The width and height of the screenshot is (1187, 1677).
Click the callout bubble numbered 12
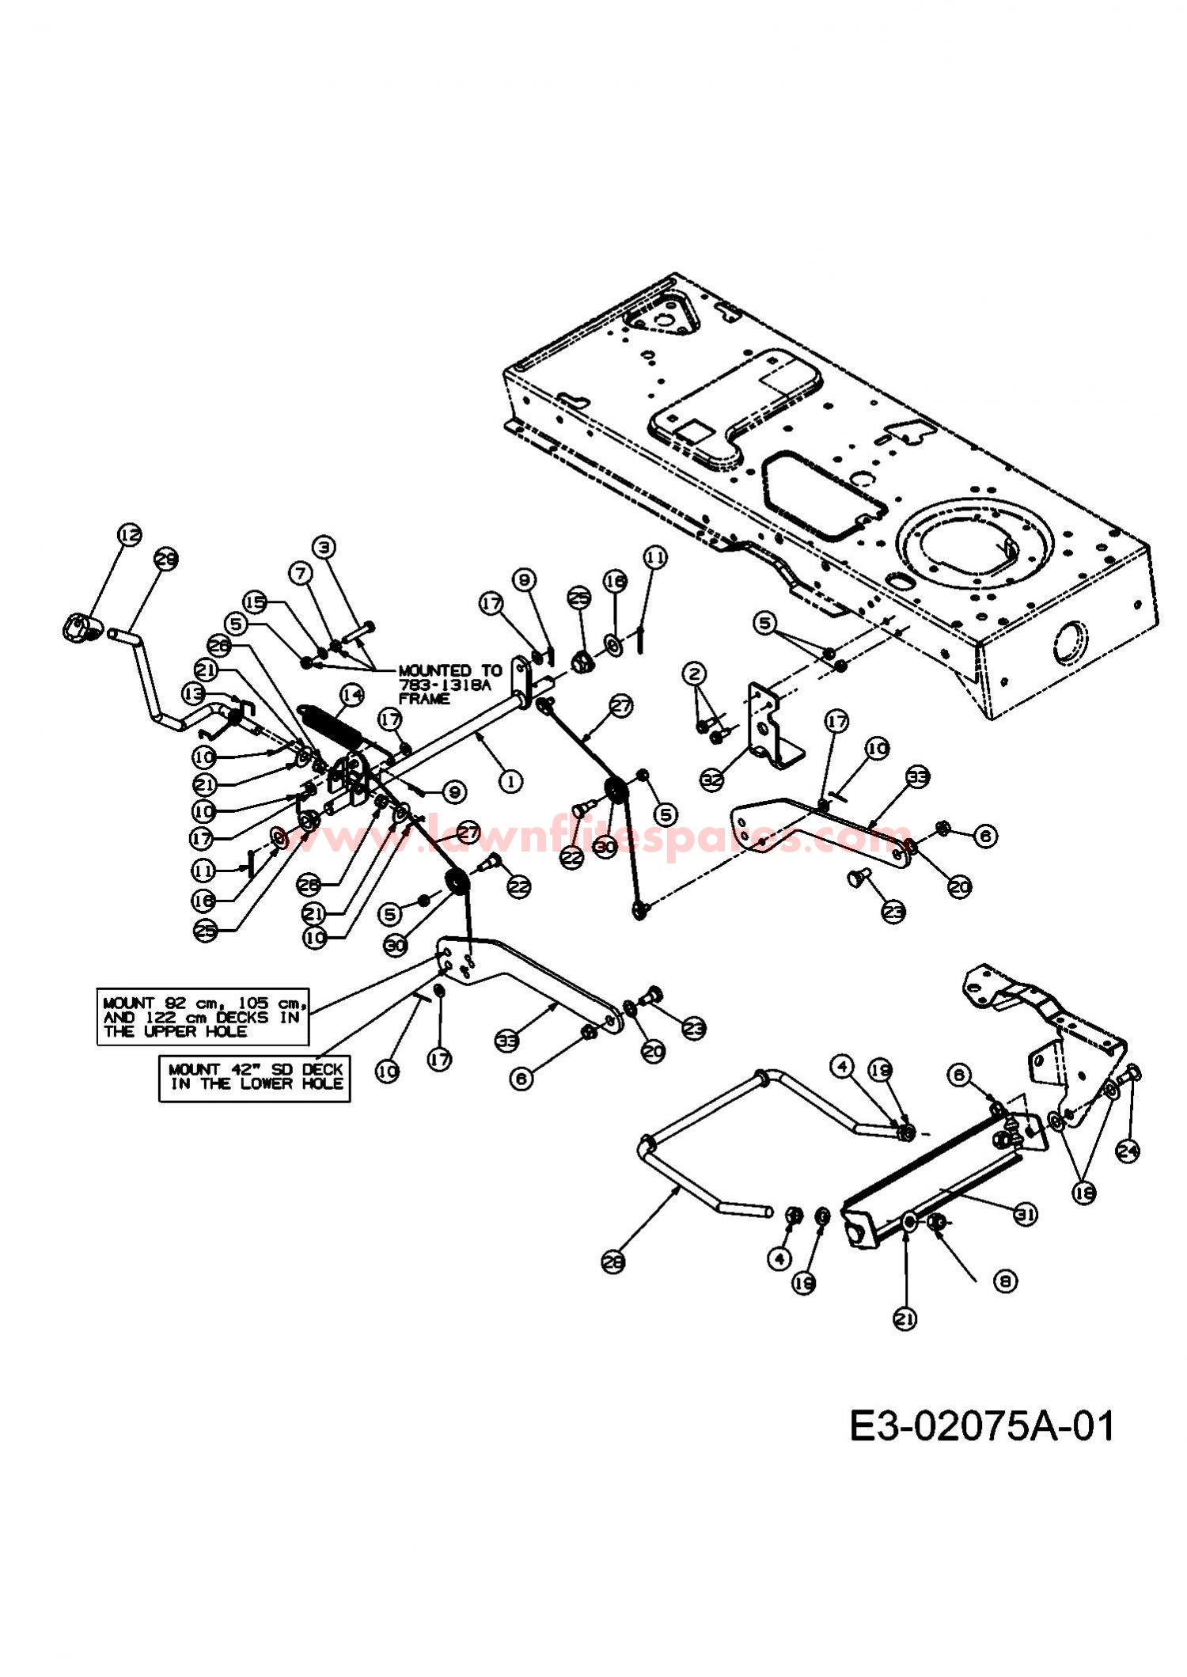click(130, 535)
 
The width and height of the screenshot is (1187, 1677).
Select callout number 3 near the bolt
click(324, 546)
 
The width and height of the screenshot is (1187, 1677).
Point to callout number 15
click(255, 602)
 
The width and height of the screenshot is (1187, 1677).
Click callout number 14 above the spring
click(351, 695)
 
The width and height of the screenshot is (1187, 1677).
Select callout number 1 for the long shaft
click(511, 781)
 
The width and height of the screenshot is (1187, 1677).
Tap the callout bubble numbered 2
click(695, 674)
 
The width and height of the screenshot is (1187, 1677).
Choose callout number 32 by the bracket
click(713, 779)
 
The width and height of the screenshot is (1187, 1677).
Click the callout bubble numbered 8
click(1004, 1281)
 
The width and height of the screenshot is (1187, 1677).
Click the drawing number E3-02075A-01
click(981, 1427)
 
